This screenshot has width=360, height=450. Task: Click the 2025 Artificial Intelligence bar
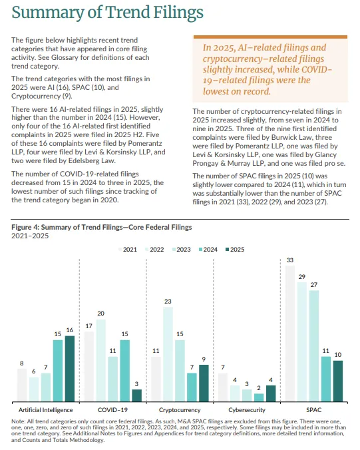(x=70, y=369)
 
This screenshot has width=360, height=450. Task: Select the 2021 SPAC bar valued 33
(x=290, y=334)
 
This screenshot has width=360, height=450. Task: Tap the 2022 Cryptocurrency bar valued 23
(x=168, y=354)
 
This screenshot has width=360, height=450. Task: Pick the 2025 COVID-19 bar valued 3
(x=137, y=395)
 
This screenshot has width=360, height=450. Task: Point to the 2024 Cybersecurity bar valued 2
(x=259, y=397)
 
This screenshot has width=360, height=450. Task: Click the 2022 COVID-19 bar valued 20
(x=101, y=360)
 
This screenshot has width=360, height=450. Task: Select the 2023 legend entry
(x=181, y=250)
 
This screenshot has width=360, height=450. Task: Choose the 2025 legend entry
(x=235, y=250)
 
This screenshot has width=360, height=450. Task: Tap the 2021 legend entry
(x=128, y=250)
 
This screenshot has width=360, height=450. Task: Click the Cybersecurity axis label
(x=247, y=410)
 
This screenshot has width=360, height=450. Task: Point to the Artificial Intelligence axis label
(x=46, y=410)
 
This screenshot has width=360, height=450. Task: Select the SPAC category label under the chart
(x=313, y=410)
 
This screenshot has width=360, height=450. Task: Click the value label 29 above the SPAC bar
(x=301, y=277)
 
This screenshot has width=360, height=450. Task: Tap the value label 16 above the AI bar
(x=70, y=330)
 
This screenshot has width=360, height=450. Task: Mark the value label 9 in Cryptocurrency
(x=204, y=359)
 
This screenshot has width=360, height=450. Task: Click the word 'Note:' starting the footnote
(x=19, y=421)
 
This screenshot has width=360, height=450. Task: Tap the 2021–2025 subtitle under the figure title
(x=30, y=236)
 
